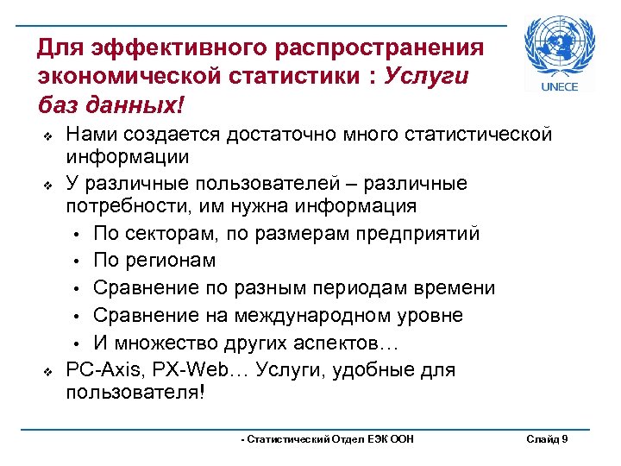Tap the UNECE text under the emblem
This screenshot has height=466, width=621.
click(559, 87)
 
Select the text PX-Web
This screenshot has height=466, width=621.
click(183, 369)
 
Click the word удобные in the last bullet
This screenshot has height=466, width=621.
click(361, 369)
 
